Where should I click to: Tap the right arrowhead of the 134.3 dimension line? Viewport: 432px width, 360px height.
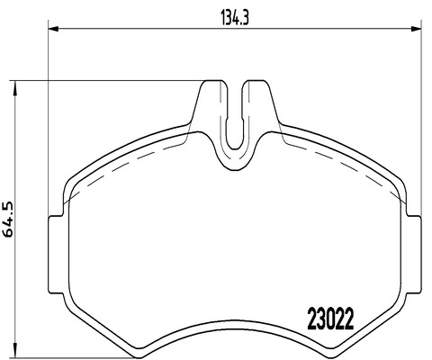pos(418,31)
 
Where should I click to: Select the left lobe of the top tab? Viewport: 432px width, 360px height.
pos(212,103)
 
